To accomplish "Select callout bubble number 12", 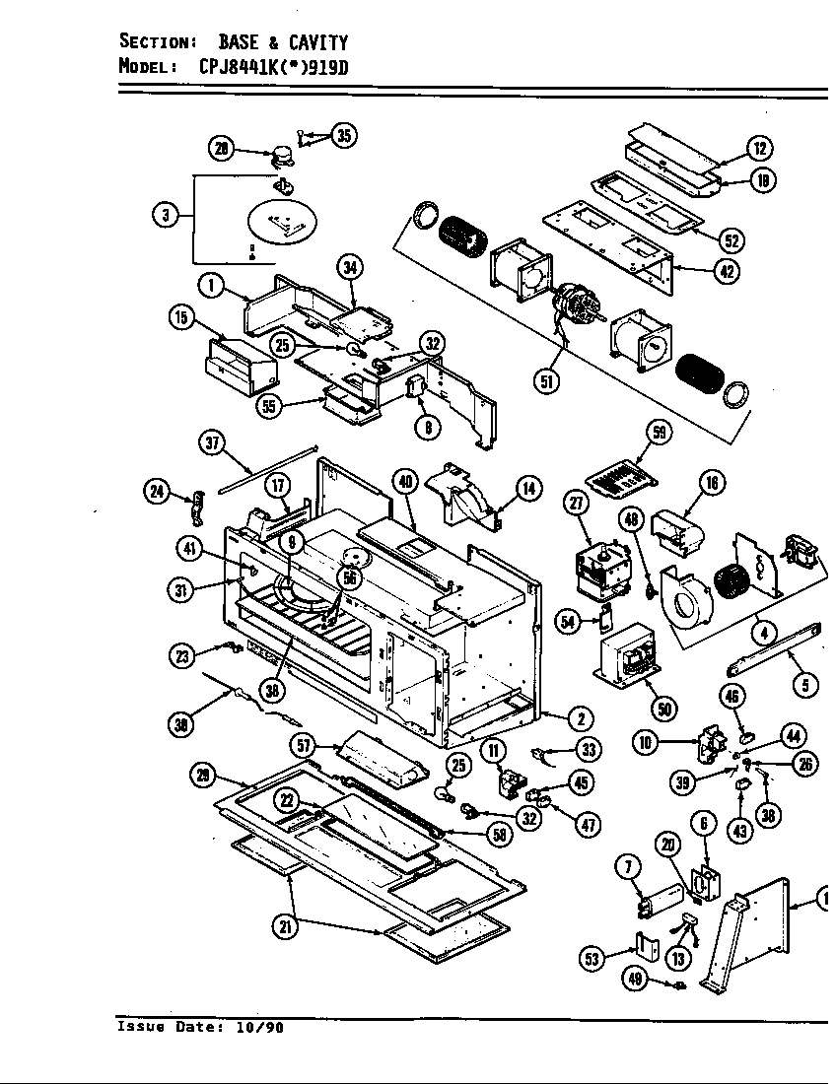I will tap(759, 149).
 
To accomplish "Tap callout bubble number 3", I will tap(166, 216).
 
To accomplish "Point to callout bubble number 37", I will tap(212, 442).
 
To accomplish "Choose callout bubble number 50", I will tap(663, 708).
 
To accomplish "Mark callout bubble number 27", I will tap(578, 504).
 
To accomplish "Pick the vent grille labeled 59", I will tap(619, 477).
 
